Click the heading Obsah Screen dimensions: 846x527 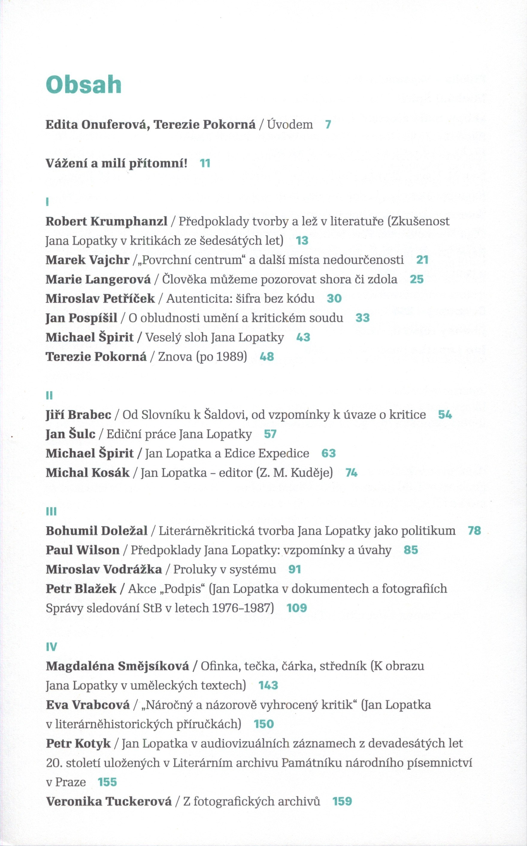pos(84,85)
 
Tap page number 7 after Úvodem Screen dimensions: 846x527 pos(328,125)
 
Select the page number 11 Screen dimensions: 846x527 pos(205,163)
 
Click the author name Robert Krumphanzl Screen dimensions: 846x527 pos(106,221)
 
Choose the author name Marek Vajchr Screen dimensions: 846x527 pos(87,260)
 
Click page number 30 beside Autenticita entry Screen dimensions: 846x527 pos(334,299)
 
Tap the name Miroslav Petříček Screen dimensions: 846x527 pos(100,299)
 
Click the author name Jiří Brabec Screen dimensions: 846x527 pos(78,415)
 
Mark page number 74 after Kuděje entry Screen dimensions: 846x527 pos(351,473)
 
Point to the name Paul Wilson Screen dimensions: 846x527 pos(83,550)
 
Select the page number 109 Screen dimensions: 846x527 pos(297,608)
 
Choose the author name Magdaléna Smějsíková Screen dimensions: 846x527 pos(117,666)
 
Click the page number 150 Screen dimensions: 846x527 pos(264,724)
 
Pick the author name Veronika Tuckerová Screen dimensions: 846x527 pos(109,802)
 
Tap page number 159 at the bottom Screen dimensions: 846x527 pos(342,802)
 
